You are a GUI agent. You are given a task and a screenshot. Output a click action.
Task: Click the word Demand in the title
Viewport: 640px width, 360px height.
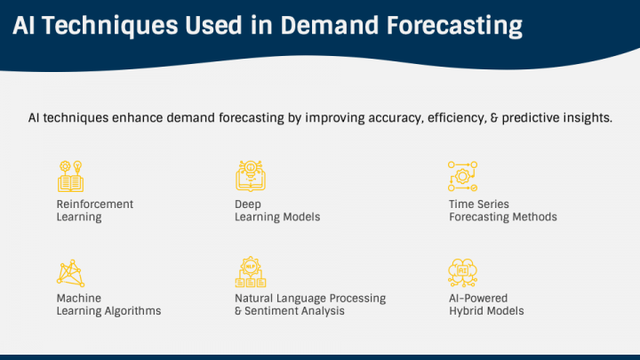coord(330,25)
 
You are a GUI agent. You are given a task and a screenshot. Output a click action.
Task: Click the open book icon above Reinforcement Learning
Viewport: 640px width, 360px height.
coord(70,176)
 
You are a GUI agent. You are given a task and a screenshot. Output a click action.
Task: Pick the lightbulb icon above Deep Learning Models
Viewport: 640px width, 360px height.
coord(251,176)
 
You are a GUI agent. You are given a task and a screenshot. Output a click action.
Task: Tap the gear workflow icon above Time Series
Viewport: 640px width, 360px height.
coord(462,176)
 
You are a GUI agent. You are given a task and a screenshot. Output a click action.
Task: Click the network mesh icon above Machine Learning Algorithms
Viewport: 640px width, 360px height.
coord(70,273)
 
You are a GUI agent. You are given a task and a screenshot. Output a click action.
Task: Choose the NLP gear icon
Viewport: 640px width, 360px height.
coord(251,272)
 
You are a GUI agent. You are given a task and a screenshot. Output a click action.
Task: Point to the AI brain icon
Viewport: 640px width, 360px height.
coord(462,273)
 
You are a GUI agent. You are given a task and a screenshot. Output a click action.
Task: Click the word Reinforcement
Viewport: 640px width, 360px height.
coord(95,204)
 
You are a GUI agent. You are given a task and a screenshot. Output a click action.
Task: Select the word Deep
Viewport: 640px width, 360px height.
coord(248,204)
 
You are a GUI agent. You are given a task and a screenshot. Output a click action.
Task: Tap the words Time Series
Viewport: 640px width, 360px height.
coord(479,204)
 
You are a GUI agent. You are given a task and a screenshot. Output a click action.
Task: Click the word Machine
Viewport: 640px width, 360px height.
coord(79,298)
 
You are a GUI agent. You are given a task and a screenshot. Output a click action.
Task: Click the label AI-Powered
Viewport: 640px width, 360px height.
coord(478,298)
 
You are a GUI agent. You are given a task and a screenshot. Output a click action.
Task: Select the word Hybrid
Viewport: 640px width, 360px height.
coord(466,311)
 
